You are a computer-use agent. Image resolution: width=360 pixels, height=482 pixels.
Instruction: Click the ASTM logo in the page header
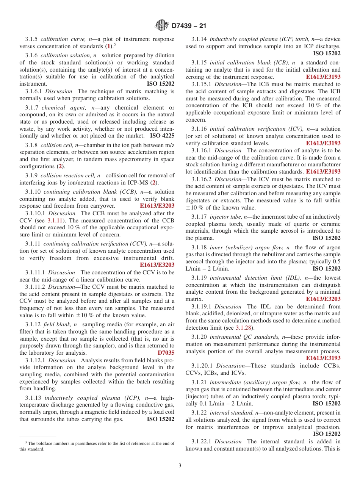[x=162, y=25]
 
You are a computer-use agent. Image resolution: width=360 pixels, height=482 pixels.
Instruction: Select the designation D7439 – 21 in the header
[x=189, y=26]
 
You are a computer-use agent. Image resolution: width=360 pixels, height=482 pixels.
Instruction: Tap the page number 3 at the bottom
[x=180, y=465]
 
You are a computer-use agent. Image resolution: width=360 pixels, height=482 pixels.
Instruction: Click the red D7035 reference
[x=166, y=353]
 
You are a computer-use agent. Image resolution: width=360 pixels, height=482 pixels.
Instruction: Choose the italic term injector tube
[x=225, y=217]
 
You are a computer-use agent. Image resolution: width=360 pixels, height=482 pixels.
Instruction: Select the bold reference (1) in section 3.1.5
[x=108, y=46]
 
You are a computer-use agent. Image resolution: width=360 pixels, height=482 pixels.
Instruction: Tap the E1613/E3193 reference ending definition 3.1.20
[x=323, y=358]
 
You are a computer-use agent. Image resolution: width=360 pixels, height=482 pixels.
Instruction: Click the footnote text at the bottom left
[x=97, y=446]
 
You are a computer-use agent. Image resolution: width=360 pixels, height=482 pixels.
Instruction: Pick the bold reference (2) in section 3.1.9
[x=154, y=183]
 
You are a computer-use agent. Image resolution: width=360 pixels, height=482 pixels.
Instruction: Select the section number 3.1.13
[x=33, y=397]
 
